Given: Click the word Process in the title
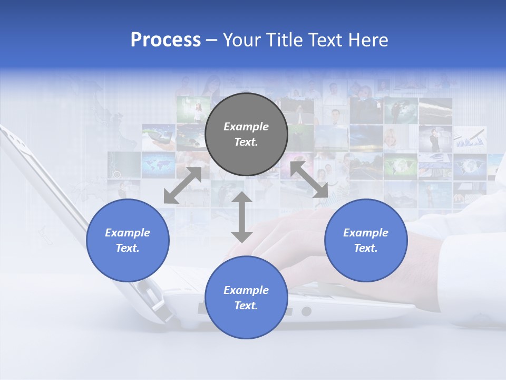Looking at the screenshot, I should pyautogui.click(x=166, y=40).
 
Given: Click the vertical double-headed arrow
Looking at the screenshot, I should pyautogui.click(x=242, y=217).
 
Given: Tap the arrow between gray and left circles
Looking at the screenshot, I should pyautogui.click(x=182, y=185).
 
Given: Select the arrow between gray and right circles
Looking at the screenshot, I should pyautogui.click(x=309, y=180).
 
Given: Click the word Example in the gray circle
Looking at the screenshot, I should pyautogui.click(x=246, y=127).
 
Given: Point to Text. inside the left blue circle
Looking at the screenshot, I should pyautogui.click(x=128, y=248).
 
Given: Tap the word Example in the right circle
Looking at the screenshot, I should pyautogui.click(x=366, y=233).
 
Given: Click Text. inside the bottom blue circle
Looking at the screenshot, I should pyautogui.click(x=246, y=306).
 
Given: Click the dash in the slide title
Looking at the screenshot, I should pyautogui.click(x=211, y=40).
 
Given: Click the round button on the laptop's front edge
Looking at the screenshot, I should pyautogui.click(x=306, y=311).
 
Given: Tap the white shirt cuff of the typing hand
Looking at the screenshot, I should pyautogui.click(x=464, y=264).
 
